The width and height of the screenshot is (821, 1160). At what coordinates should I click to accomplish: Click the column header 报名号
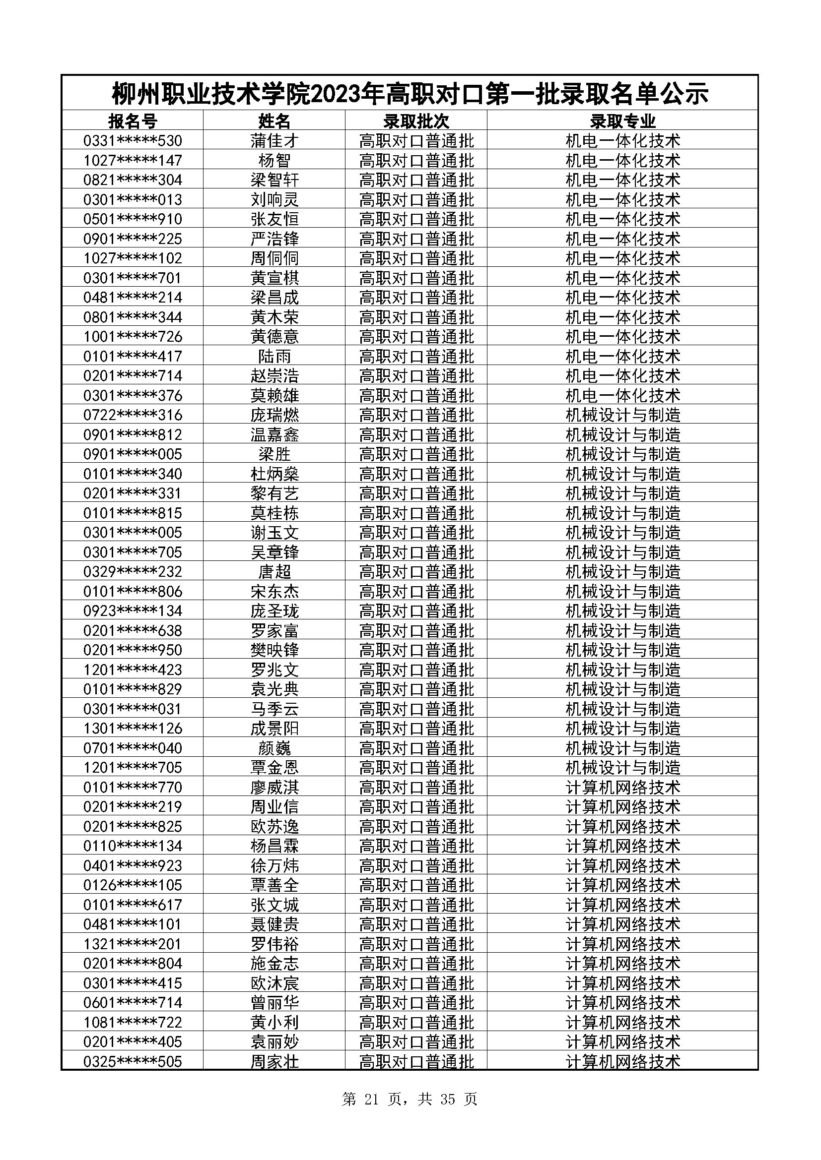[x=133, y=121]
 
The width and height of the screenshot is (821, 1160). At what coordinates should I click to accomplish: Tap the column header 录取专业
[x=622, y=121]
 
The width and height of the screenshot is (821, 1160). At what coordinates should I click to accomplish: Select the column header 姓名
[x=274, y=121]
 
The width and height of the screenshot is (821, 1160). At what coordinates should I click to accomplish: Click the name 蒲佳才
[x=274, y=140]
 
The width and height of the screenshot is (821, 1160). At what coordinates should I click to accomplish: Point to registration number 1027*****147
[x=133, y=160]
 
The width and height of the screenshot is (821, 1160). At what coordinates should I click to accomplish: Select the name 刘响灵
[x=274, y=199]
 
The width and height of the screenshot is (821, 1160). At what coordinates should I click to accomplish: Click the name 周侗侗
[x=274, y=258]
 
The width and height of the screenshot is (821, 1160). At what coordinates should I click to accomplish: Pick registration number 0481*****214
[x=133, y=297]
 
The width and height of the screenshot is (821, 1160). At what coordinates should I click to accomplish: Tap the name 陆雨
[x=274, y=356]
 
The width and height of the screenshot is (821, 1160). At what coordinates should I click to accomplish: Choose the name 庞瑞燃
[x=274, y=415]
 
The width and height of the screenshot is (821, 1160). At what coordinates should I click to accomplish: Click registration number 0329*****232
[x=133, y=571]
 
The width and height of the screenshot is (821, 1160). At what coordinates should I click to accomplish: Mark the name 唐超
[x=274, y=571]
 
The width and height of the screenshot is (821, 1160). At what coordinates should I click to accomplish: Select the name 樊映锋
[x=274, y=650]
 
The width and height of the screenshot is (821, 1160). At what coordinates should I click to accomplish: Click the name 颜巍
[x=274, y=748]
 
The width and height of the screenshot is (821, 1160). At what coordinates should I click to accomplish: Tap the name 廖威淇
[x=274, y=787]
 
